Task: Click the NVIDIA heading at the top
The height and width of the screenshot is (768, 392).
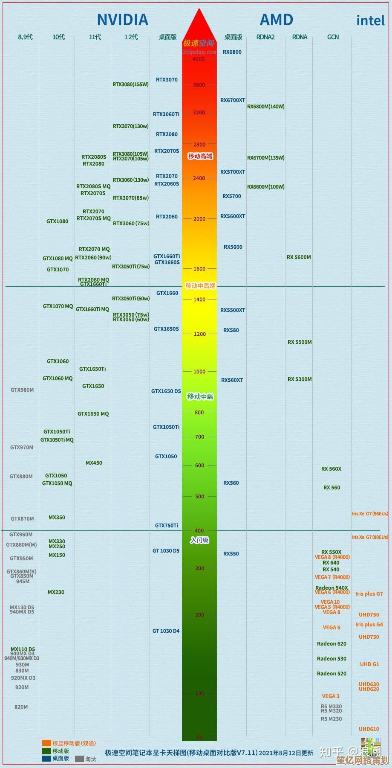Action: (122, 20)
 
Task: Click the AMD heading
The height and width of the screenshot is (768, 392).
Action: (276, 20)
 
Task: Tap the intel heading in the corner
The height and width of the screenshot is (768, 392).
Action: (370, 20)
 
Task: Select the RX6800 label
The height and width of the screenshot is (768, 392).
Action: (232, 52)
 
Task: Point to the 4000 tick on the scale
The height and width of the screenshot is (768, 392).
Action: (199, 59)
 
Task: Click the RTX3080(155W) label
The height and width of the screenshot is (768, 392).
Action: (130, 84)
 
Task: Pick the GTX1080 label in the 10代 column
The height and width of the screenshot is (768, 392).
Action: (57, 221)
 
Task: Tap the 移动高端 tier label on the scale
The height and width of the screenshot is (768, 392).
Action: (200, 156)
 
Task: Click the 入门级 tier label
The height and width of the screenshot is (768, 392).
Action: (199, 540)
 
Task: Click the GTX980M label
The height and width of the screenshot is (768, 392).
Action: (22, 390)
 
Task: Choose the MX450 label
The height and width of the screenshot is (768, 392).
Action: (94, 463)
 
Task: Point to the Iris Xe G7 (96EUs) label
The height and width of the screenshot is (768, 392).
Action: (370, 514)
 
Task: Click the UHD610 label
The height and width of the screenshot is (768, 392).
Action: (369, 729)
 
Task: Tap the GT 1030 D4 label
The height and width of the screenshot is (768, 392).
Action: (166, 631)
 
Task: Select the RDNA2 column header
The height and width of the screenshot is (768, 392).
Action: (265, 37)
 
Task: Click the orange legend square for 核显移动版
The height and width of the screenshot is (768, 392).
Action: (46, 743)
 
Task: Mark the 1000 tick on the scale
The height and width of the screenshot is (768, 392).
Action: (199, 372)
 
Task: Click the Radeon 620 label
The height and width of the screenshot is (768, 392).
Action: (331, 644)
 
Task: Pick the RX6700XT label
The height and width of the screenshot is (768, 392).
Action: (233, 100)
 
